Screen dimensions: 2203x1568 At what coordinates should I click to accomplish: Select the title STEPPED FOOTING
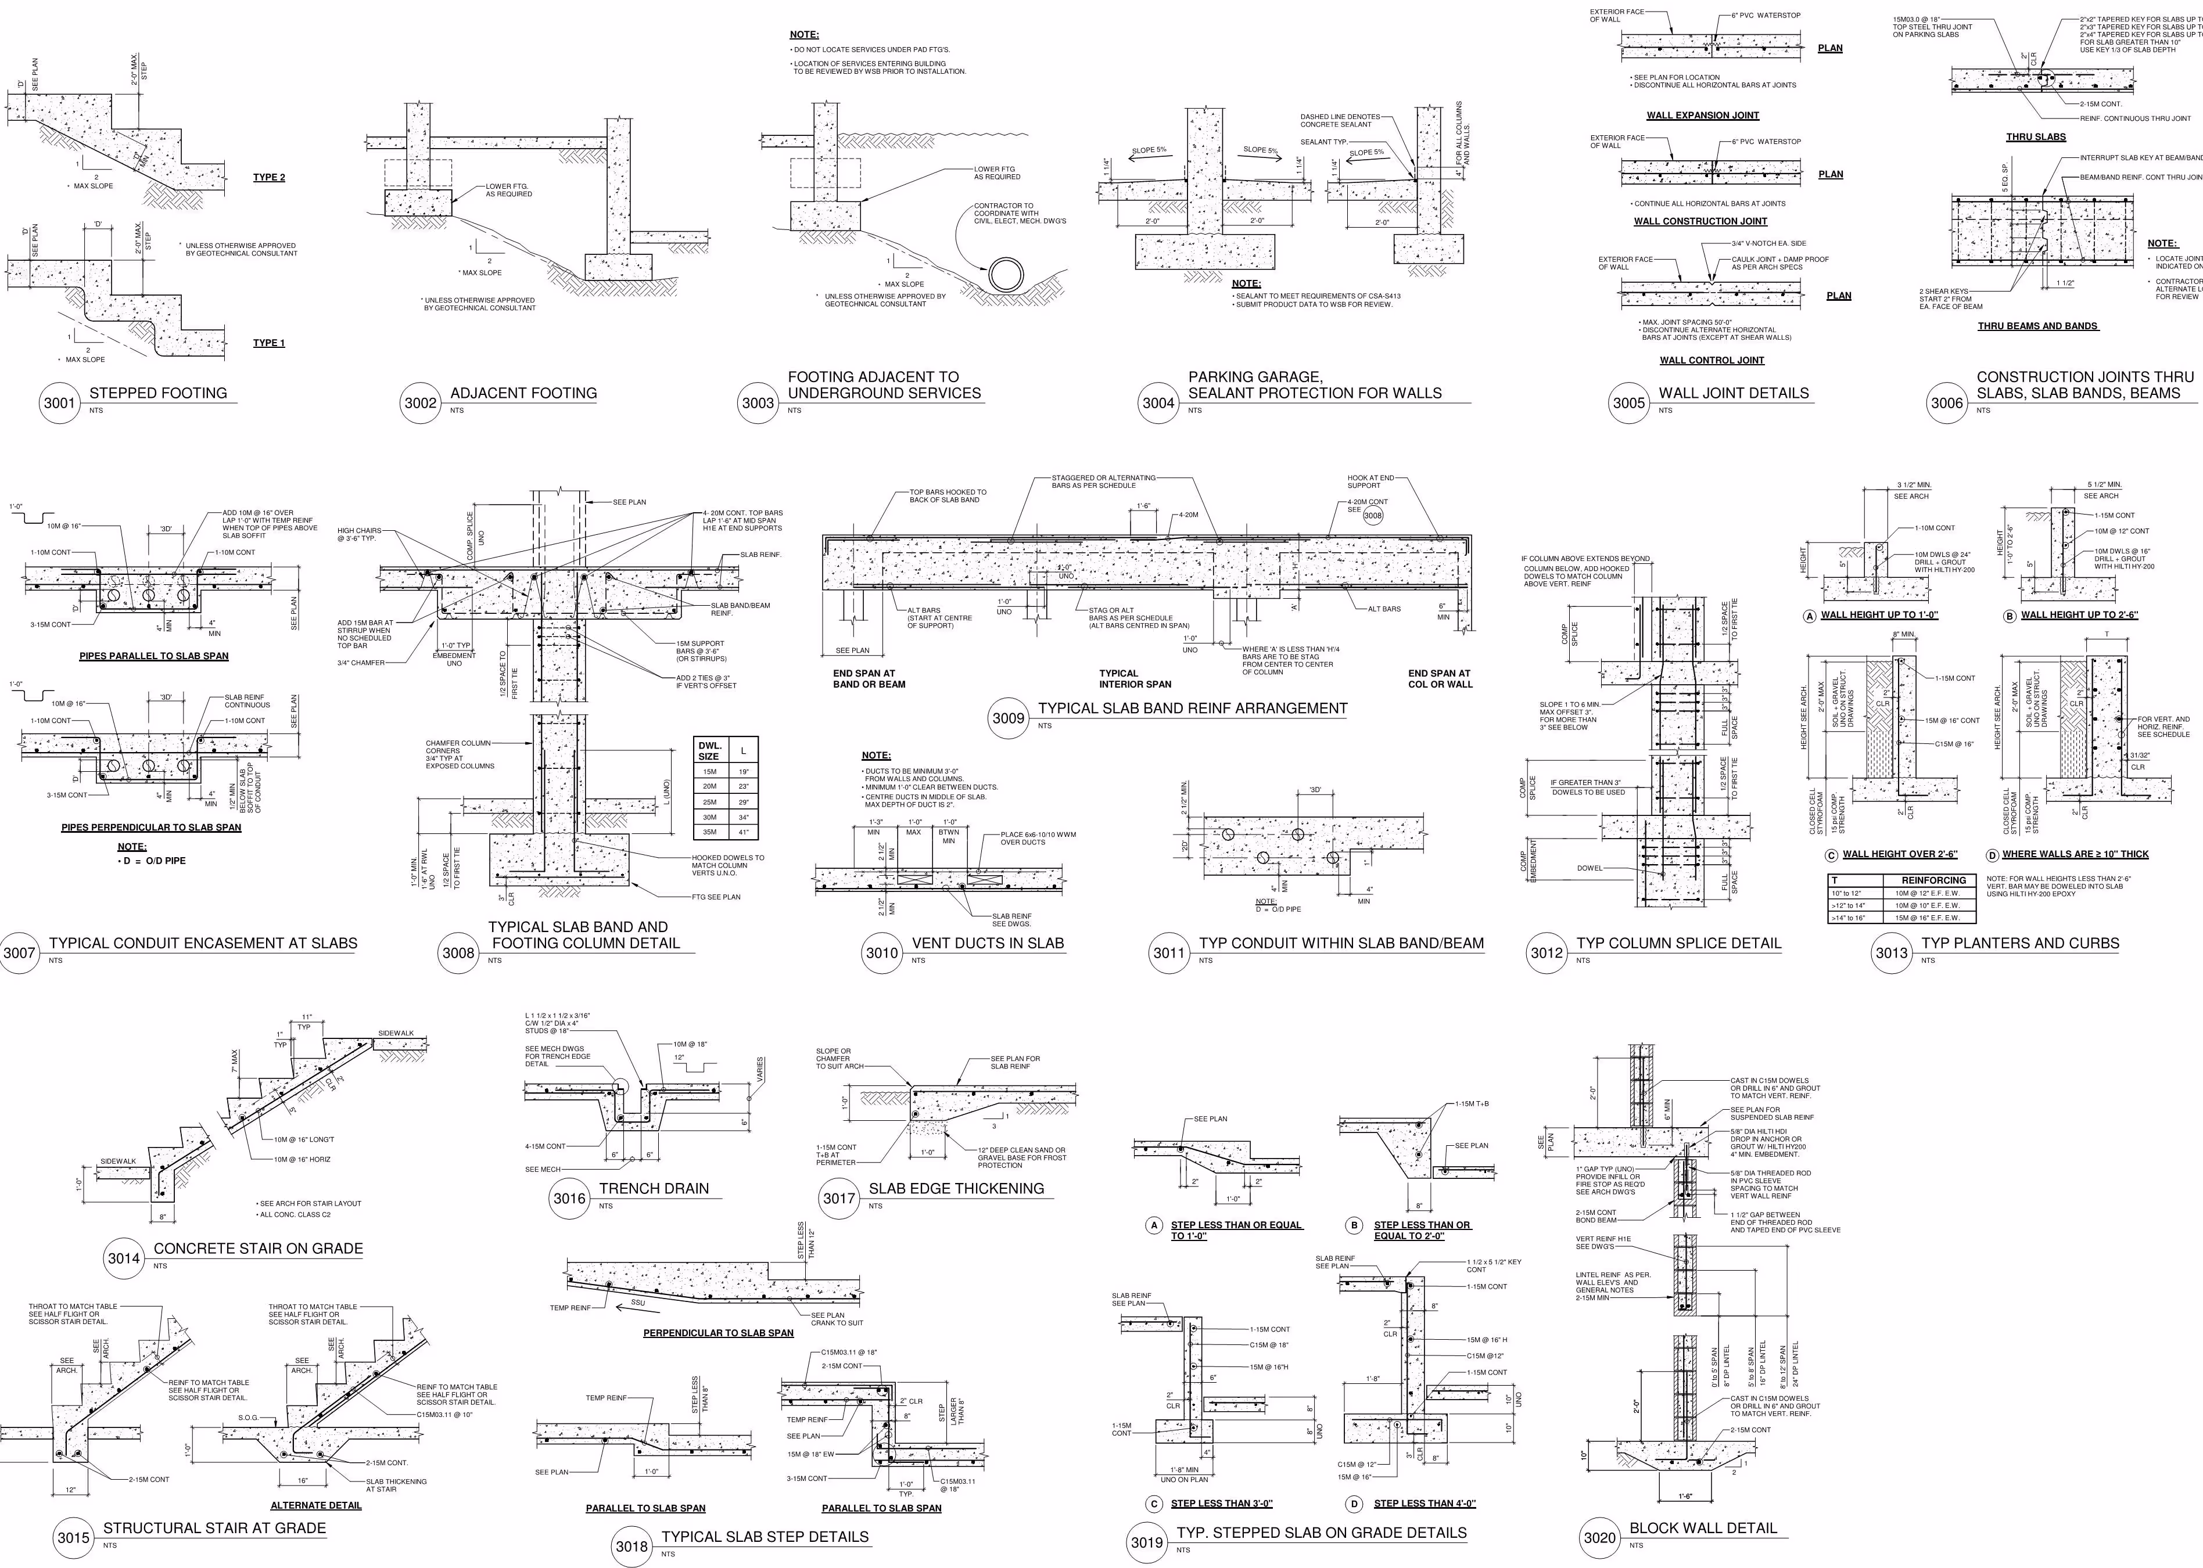tap(159, 393)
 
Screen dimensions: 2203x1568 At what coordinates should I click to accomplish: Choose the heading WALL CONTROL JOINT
tap(1712, 360)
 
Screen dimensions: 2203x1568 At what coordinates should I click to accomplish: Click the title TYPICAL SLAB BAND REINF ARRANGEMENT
tap(1192, 708)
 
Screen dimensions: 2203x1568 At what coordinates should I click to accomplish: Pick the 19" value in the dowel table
tap(742, 771)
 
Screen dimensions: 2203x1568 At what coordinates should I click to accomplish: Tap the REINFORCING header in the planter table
tap(1933, 880)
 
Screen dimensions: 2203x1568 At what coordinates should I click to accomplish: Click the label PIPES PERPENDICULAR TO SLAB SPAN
tap(152, 828)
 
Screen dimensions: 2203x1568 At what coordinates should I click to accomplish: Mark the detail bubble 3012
tap(1547, 953)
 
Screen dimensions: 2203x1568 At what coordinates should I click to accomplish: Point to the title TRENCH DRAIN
tap(654, 1189)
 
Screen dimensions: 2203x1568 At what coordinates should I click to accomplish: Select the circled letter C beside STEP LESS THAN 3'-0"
tap(1153, 1504)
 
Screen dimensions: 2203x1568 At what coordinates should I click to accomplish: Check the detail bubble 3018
tap(632, 1547)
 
